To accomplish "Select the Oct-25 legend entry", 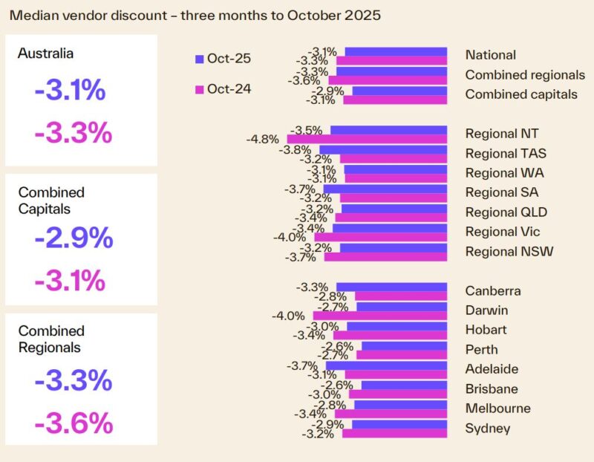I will pos(222,59).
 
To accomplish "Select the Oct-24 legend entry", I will pos(222,89).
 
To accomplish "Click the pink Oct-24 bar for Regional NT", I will pos(367,139).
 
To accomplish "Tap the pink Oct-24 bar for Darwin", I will pos(379,316).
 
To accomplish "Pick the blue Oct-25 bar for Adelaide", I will pos(386,365).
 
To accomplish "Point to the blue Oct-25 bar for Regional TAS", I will pos(383,149).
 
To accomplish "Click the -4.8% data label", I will pos(262,139).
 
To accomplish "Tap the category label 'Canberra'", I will pos(493,291).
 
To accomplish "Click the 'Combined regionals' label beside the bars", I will pos(525,75).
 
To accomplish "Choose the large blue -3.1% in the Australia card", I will pos(70,91).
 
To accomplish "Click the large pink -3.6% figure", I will pos(74,423).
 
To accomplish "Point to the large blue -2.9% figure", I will pos(74,238).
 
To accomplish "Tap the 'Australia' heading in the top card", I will pos(46,53).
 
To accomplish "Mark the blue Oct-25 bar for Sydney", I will pos(399,424).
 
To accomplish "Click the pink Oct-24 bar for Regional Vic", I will pos(380,238).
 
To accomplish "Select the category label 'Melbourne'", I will pos(497,409).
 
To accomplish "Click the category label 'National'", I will pos(490,55).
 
